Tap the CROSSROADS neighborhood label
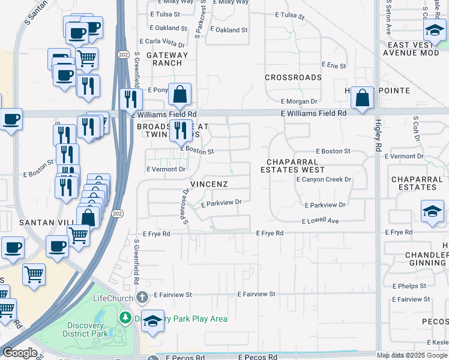294,78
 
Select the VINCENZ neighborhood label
209,184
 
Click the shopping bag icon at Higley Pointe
363,98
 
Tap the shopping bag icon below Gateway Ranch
179,94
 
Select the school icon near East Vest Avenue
433,29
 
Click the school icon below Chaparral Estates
432,212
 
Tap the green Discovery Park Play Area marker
125,317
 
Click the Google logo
20,353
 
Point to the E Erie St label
334,65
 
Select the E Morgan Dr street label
299,101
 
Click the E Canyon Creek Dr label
324,179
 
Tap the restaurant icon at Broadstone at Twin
180,130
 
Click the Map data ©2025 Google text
412,355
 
